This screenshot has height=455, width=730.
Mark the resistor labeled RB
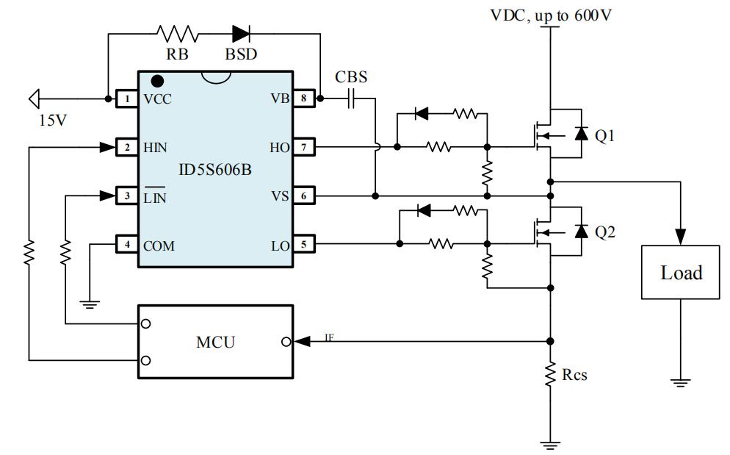pos(177,33)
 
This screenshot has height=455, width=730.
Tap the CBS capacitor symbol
pos(352,98)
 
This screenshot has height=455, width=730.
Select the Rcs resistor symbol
pos(549,375)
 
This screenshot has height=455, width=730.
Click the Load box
pos(681,273)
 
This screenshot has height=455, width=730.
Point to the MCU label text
pos(215,342)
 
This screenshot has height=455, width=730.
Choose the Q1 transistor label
pos(604,137)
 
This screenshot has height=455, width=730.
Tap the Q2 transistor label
pos(604,232)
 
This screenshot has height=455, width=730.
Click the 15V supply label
pos(52,120)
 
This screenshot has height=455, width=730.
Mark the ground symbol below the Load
pos(681,381)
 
